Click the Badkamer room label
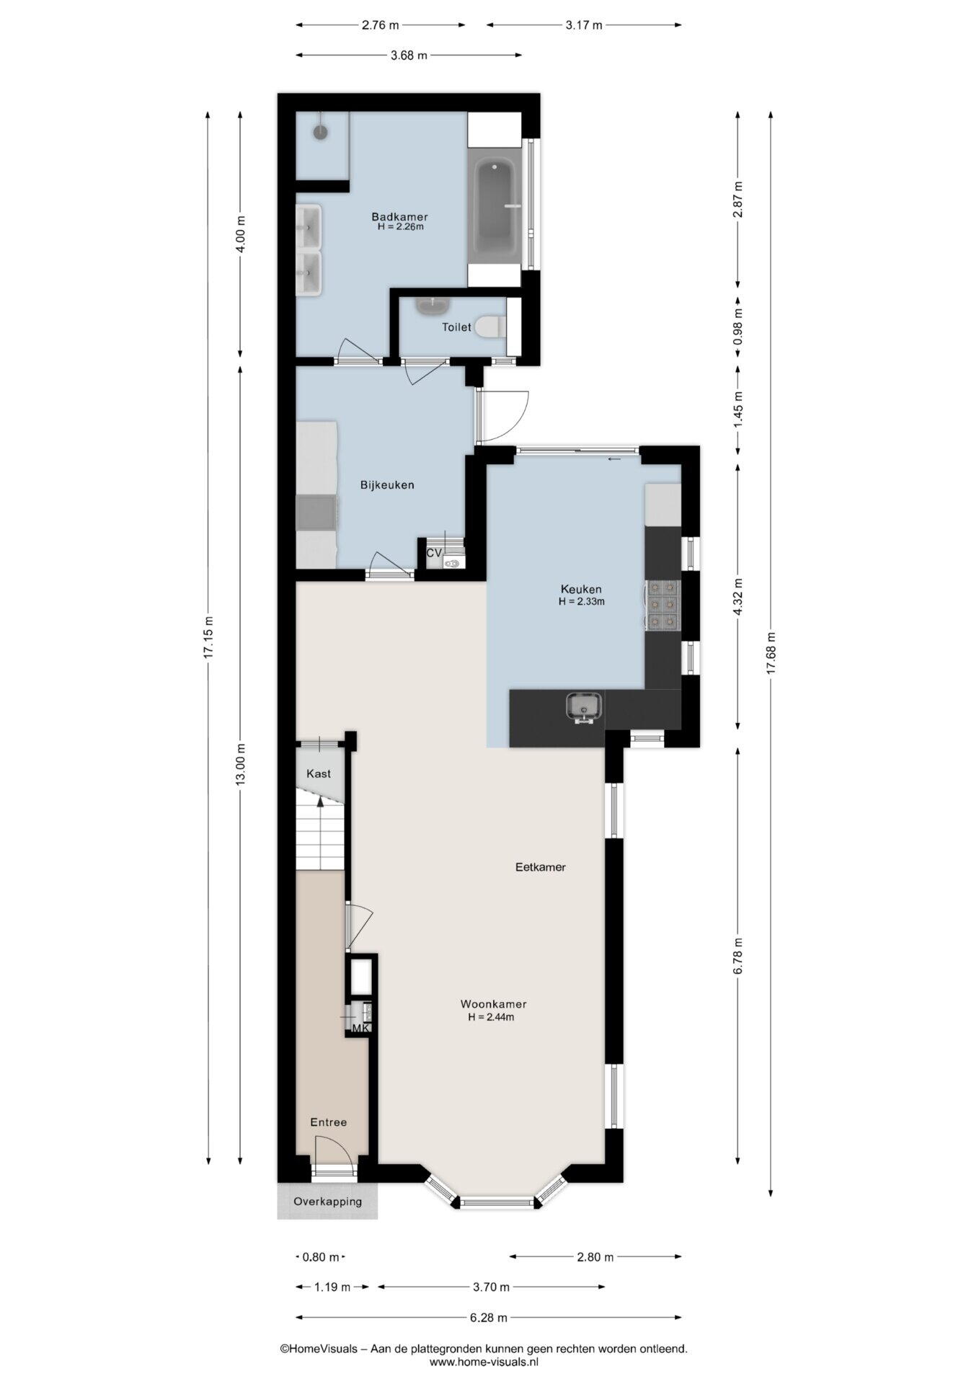399,216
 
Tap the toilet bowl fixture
490,327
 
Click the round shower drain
320,132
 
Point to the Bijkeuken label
387,485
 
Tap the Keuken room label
581,589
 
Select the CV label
434,553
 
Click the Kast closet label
319,773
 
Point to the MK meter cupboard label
361,1028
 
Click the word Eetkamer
541,867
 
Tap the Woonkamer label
494,1004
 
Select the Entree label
329,1122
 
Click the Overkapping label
327,1202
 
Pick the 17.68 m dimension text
771,654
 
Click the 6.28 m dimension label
489,1318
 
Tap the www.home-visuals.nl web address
484,1362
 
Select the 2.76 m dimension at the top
380,25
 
